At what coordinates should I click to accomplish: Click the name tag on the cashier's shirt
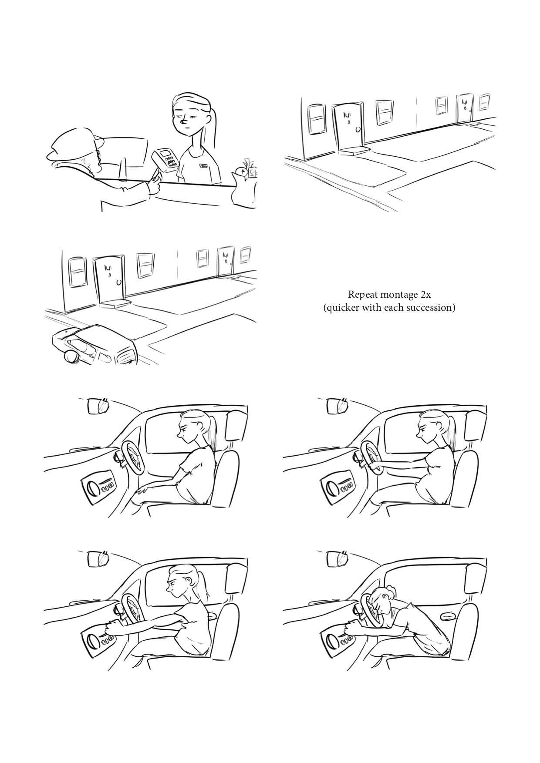(x=204, y=166)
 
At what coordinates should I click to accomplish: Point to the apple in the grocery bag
(x=240, y=171)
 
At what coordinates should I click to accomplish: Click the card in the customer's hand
(x=155, y=176)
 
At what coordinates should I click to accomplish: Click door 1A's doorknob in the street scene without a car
(x=358, y=130)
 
